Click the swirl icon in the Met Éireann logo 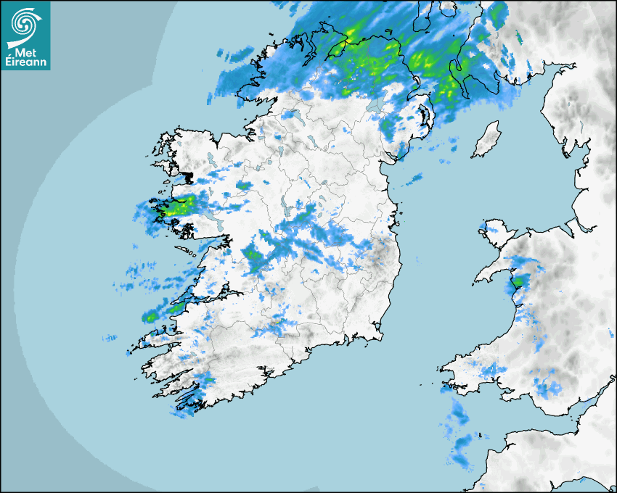coord(25,22)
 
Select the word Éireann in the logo coord(27,62)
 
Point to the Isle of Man coord(486,140)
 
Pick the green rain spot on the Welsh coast coord(518,281)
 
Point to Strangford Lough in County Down coord(428,115)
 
